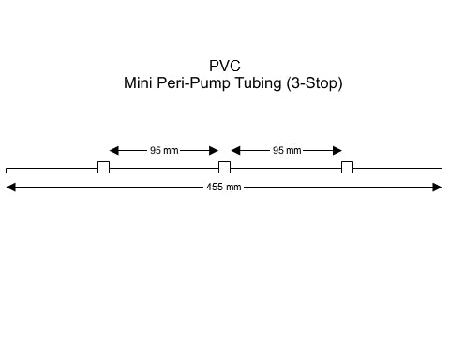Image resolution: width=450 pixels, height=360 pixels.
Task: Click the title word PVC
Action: click(225, 66)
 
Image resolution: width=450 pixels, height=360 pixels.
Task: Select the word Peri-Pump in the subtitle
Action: click(196, 83)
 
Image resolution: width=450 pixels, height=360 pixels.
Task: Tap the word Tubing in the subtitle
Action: click(257, 83)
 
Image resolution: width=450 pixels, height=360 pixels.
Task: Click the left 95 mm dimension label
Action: click(165, 150)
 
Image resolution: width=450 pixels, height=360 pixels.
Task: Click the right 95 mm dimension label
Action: click(287, 150)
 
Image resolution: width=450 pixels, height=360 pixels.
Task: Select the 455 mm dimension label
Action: click(224, 187)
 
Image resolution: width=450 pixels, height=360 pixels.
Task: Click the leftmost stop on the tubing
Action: click(103, 168)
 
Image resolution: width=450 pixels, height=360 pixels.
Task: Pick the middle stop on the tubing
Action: click(224, 168)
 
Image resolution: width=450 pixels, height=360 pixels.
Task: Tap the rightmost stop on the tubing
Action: click(347, 168)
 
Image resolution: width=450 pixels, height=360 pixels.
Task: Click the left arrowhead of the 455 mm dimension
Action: click(11, 187)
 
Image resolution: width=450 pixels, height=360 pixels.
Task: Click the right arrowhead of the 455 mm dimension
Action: click(437, 187)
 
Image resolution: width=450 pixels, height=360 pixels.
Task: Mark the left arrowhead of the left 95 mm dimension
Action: click(114, 150)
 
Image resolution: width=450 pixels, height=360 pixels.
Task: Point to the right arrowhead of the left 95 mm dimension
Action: click(214, 150)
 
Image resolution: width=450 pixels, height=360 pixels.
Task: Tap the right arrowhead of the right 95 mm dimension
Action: click(337, 150)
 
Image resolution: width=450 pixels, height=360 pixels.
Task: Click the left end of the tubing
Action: click(7, 171)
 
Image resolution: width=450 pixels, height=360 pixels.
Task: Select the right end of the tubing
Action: click(441, 171)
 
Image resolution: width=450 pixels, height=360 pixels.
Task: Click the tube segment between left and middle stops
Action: click(164, 171)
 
